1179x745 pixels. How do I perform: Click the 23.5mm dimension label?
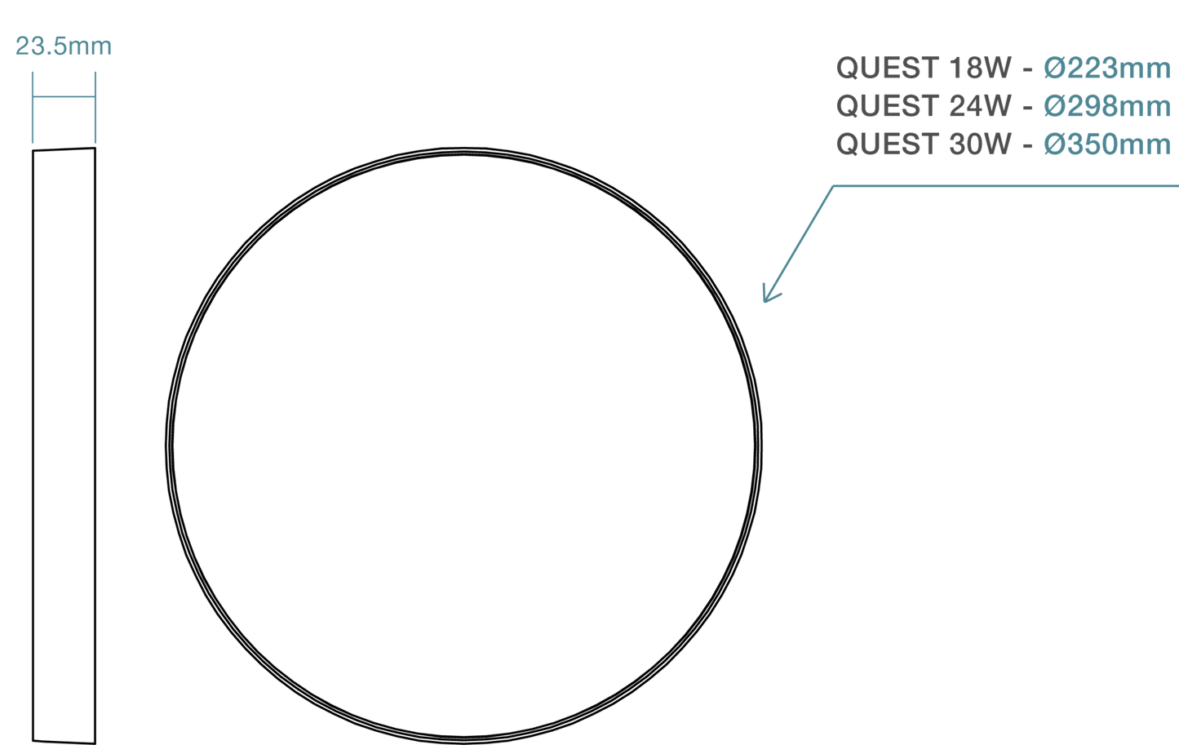tap(63, 47)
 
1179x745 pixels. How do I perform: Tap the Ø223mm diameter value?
tap(1107, 68)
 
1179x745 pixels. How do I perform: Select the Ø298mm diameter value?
tap(1107, 106)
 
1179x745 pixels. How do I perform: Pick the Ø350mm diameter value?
tap(1107, 144)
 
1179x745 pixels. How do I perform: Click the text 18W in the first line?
tap(980, 68)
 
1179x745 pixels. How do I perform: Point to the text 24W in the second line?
tap(980, 106)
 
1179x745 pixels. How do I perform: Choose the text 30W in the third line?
tap(980, 144)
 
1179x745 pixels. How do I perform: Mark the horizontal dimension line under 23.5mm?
tap(64, 97)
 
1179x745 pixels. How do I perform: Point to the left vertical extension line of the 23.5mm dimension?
tap(33, 108)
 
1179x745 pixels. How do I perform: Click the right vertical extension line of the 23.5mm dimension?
tap(95, 108)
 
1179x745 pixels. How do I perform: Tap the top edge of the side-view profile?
tap(64, 149)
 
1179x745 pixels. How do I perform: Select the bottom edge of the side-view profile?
tap(64, 742)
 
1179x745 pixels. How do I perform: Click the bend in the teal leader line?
tap(833, 186)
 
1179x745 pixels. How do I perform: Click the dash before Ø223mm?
tap(1027, 70)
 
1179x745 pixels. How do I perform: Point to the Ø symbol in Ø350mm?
tap(1055, 144)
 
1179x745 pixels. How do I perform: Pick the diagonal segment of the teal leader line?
tap(799, 244)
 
